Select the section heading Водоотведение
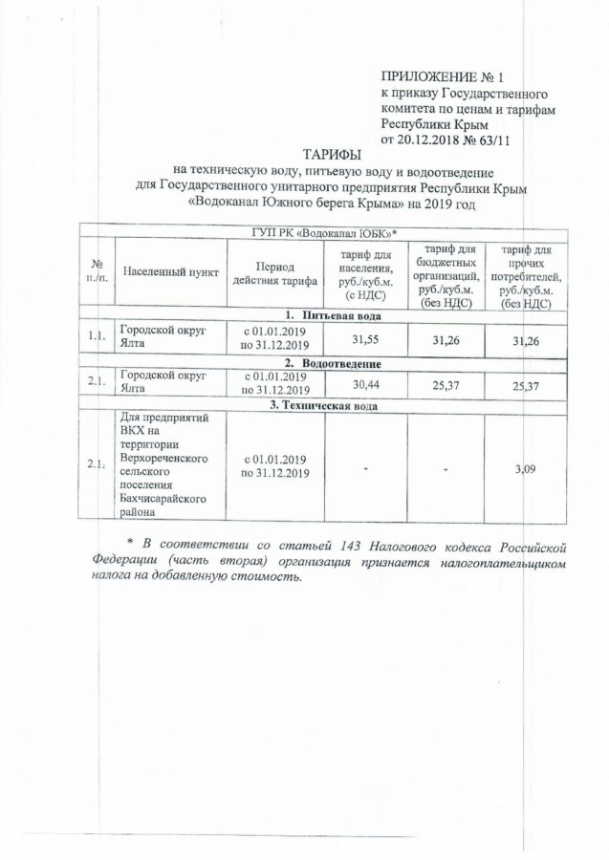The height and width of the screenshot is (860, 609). coord(331,365)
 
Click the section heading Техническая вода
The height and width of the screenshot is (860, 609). coord(331,406)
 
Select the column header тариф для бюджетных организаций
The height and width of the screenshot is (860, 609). coord(446,276)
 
